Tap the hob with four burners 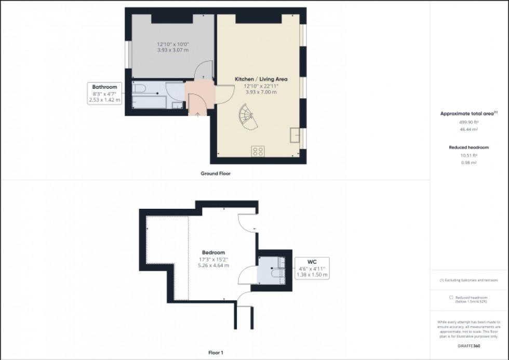(258, 151)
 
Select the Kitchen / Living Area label (261, 79)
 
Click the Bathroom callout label (104, 87)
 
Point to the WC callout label (312, 262)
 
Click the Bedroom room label (214, 252)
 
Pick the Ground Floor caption (216, 174)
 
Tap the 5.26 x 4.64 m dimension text (214, 265)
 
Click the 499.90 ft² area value (468, 121)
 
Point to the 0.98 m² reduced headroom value (469, 163)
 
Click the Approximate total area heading (468, 113)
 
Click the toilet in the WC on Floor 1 (276, 270)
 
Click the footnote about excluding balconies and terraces (469, 280)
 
